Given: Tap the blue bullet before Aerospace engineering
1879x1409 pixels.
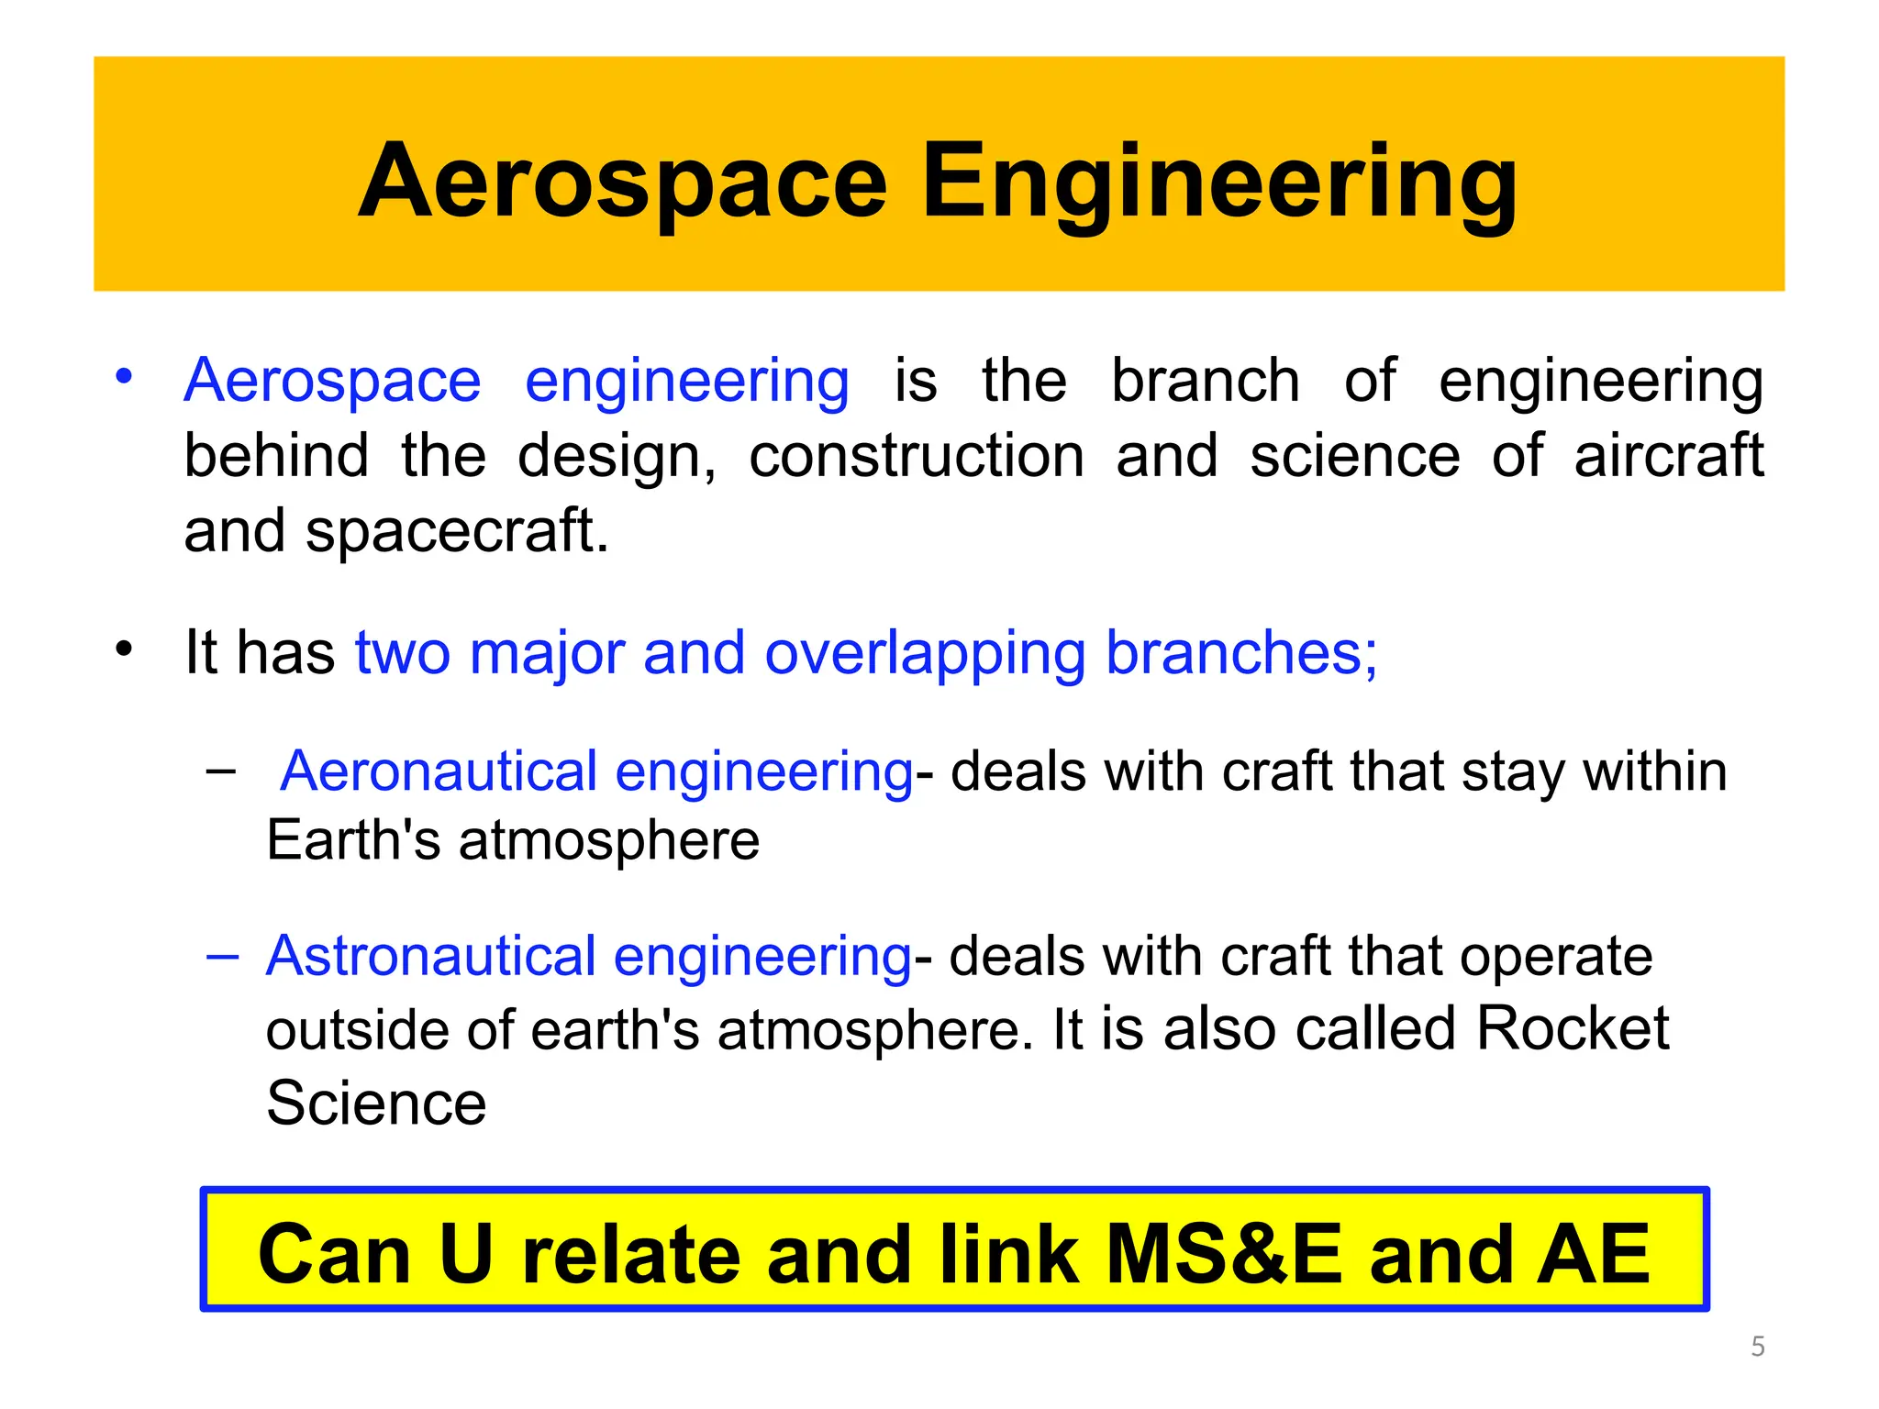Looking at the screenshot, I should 124,376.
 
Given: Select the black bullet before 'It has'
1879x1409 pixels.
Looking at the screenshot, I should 124,649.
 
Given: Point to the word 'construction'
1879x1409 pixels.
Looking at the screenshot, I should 917,456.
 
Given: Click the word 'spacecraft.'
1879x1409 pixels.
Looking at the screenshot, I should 457,531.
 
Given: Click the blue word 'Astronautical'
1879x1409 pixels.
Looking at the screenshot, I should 431,956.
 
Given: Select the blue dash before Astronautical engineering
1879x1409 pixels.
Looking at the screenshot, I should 222,958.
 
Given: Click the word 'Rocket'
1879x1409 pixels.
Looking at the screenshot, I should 1573,1028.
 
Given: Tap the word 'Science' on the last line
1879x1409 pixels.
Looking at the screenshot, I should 376,1103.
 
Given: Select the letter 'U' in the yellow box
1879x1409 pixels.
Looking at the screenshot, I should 466,1254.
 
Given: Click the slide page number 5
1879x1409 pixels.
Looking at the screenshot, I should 1757,1347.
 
